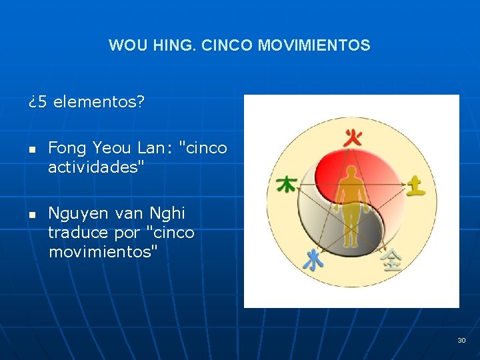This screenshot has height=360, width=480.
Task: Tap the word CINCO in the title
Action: pyautogui.click(x=227, y=46)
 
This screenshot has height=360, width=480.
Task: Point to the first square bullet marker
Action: pyautogui.click(x=31, y=149)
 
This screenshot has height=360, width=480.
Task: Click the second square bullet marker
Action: pyautogui.click(x=31, y=215)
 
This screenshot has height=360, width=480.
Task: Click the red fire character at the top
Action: pyautogui.click(x=353, y=139)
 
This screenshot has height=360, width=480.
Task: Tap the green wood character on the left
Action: pyautogui.click(x=287, y=184)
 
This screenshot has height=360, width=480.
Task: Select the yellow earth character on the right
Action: pyautogui.click(x=416, y=185)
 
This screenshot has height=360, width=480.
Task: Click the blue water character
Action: pyautogui.click(x=313, y=259)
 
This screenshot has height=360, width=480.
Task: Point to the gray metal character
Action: pyautogui.click(x=391, y=259)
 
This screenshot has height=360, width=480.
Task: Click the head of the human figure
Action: pyautogui.click(x=351, y=172)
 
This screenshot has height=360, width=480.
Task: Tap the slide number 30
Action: pyautogui.click(x=461, y=341)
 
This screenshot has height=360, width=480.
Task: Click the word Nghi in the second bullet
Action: pyautogui.click(x=168, y=214)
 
